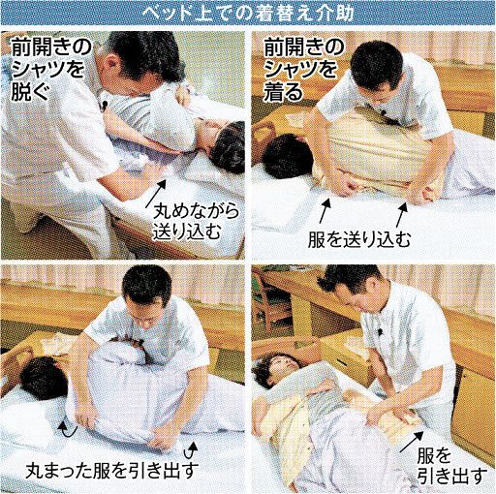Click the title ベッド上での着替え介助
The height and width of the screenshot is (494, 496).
[248, 14]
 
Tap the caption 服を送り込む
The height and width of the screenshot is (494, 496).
[358, 239]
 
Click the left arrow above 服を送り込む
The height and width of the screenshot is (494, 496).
[325, 210]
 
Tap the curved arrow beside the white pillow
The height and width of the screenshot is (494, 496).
[68, 429]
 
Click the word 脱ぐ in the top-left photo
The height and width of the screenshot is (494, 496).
[31, 91]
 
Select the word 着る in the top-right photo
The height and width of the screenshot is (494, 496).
[283, 92]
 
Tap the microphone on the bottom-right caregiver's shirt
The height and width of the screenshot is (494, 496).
[380, 332]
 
